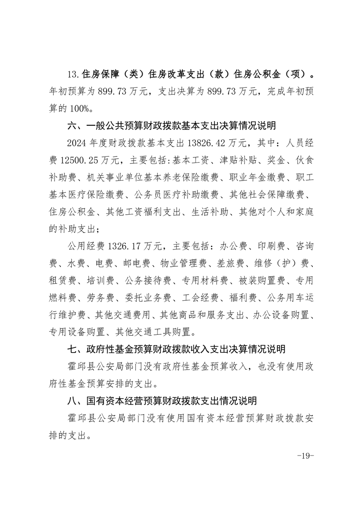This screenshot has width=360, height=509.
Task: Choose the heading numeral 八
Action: (71, 401)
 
